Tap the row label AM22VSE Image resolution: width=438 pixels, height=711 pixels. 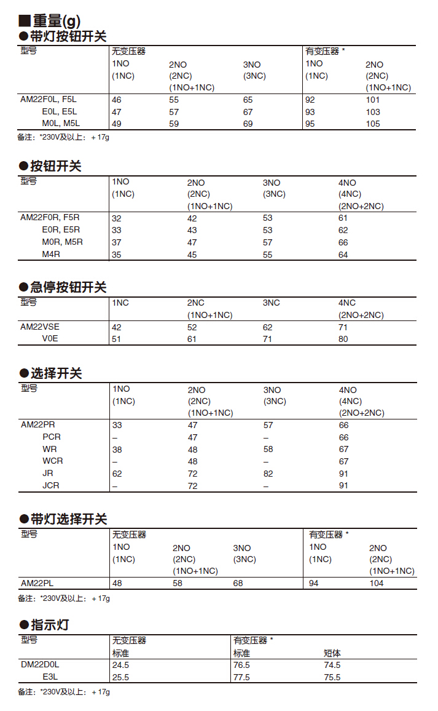click(x=40, y=327)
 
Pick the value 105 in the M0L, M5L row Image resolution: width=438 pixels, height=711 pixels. click(x=373, y=124)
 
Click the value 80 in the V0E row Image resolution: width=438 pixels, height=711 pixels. click(x=343, y=338)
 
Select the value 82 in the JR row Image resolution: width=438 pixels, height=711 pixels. click(x=268, y=474)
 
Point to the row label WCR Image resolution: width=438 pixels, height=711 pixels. click(x=52, y=461)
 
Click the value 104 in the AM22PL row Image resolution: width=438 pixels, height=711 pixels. click(x=377, y=583)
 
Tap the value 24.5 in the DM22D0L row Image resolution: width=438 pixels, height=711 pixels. click(x=120, y=665)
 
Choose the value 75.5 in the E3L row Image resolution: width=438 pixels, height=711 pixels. click(x=332, y=677)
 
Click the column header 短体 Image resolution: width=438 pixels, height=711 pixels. click(x=332, y=653)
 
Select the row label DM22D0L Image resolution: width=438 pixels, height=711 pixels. click(x=40, y=665)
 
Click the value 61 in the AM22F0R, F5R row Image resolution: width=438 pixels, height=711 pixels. click(x=343, y=218)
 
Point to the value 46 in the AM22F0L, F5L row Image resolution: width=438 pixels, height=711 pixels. click(x=117, y=100)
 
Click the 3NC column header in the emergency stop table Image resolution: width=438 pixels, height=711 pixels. click(x=272, y=303)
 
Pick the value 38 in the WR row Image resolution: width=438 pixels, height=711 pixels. click(x=117, y=450)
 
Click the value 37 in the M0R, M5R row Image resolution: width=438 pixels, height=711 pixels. click(x=117, y=242)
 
